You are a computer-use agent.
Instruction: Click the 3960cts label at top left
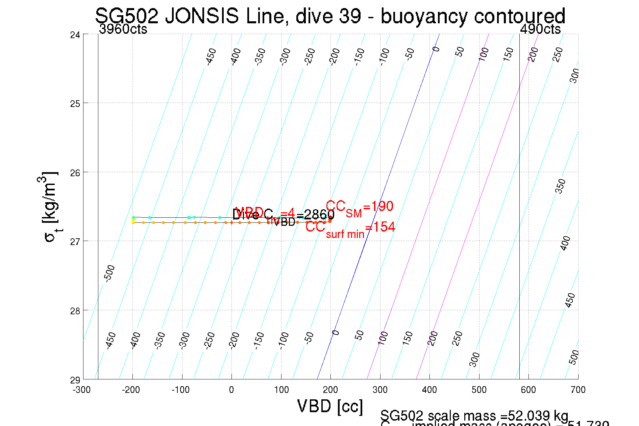pos(123,29)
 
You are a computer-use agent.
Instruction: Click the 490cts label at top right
pos(540,29)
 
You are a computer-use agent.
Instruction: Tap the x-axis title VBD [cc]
pos(330,406)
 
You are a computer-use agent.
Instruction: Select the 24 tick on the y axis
pos(75,35)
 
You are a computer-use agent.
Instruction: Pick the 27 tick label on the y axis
pos(75,242)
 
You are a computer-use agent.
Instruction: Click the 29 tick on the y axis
pos(75,380)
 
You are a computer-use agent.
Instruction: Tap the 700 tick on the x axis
pos(578,390)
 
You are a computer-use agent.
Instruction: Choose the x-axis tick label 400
pos(429,390)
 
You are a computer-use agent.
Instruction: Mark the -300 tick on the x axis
pos(81,390)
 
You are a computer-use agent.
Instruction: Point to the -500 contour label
pos(109,273)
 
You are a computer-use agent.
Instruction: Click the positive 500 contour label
pos(574,357)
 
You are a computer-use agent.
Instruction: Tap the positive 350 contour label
pos(560,186)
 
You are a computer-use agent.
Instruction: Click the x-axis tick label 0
pos(231,390)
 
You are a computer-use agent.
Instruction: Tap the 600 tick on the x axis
pos(528,390)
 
